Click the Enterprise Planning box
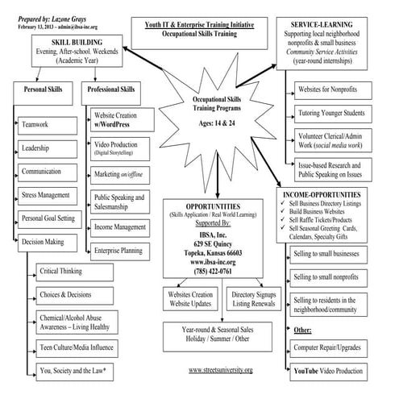pyautogui.click(x=122, y=251)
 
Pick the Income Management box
pyautogui.click(x=122, y=228)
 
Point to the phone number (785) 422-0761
pyautogui.click(x=210, y=271)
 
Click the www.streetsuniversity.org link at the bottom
pyautogui.click(x=220, y=369)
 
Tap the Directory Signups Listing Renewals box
pyautogui.click(x=252, y=299)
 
